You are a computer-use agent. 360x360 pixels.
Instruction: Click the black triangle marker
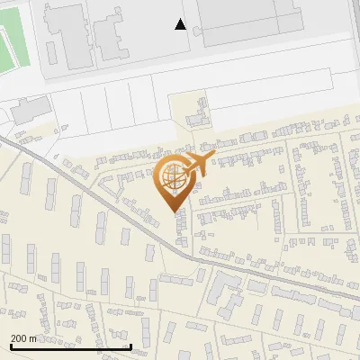click(181, 24)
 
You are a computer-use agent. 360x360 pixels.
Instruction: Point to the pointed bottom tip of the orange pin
click(175, 212)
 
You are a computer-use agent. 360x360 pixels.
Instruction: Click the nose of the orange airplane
click(213, 157)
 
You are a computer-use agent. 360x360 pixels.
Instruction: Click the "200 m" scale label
click(23, 338)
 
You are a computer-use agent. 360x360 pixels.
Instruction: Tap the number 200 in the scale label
click(19, 338)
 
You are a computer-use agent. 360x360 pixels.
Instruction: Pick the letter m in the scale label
click(33, 339)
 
